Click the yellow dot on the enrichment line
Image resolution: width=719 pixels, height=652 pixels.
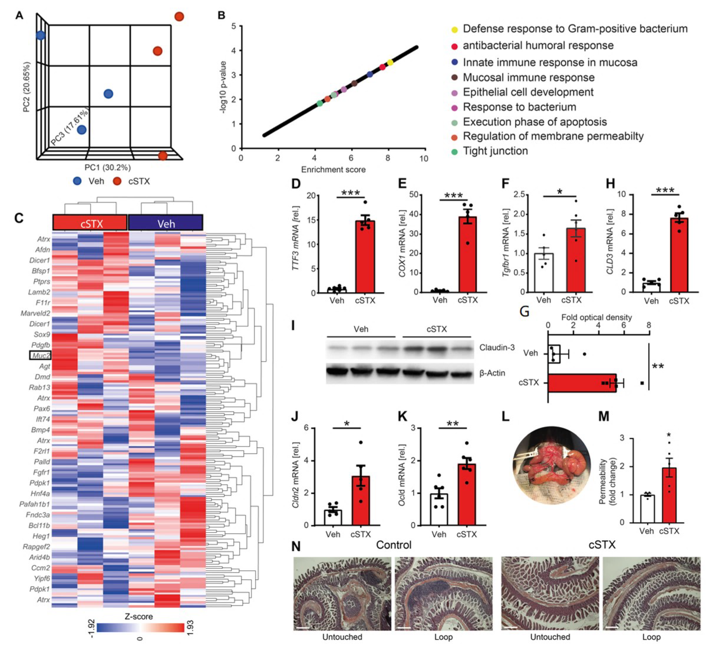tap(390, 62)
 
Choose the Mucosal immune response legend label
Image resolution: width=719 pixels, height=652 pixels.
tap(528, 77)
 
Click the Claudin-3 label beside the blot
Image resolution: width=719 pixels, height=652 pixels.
tap(497, 347)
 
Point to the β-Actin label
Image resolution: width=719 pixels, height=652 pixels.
tap(492, 373)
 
